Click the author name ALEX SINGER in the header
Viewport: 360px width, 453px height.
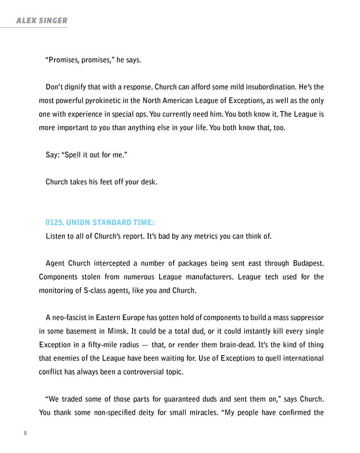tap(42, 20)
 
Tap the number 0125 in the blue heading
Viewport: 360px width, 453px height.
tap(54, 223)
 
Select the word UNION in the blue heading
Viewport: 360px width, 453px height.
tap(78, 223)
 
